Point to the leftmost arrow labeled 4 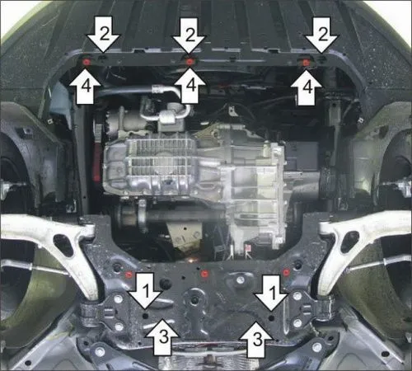point(85,87)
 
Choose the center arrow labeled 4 point(190,87)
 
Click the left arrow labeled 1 point(145,290)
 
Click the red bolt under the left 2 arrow point(87,61)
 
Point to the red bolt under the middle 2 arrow point(190,62)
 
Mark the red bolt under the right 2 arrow point(306,63)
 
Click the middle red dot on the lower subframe point(204,271)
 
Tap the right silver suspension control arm point(363,239)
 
